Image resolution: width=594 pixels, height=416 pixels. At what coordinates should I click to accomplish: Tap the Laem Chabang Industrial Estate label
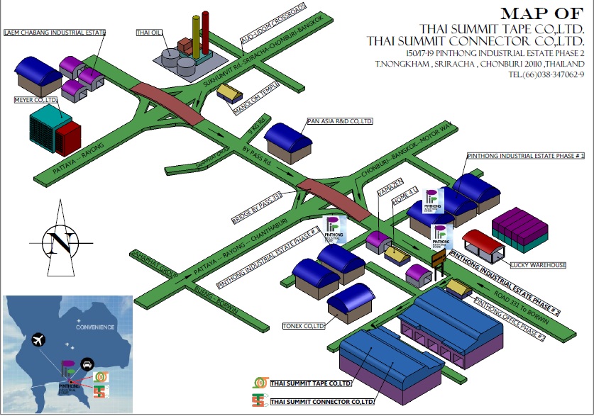point(54,33)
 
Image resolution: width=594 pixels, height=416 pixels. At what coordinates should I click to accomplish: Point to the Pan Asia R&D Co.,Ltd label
point(339,121)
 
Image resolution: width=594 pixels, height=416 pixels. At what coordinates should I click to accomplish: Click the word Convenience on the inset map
point(95,327)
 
